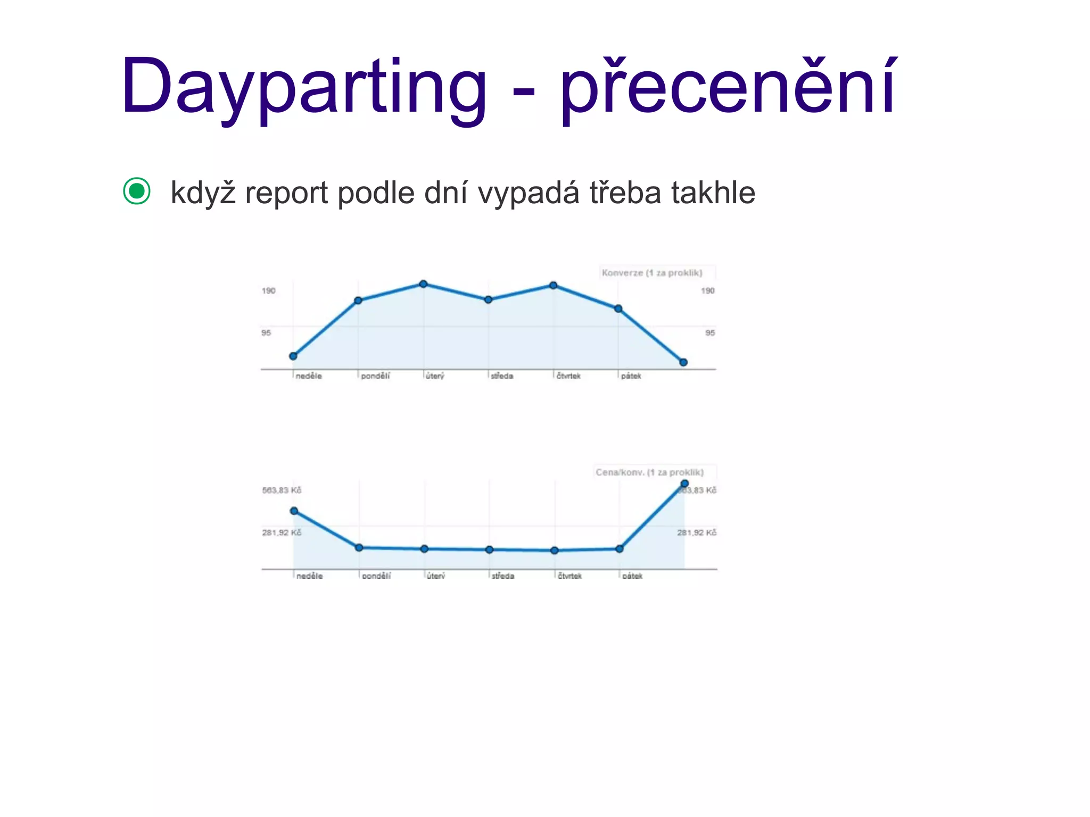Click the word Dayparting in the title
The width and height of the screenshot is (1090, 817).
(303, 88)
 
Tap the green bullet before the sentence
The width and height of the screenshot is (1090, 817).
(137, 191)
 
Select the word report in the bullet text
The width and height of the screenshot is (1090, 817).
(286, 193)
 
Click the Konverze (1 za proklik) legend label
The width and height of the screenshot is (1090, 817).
(652, 273)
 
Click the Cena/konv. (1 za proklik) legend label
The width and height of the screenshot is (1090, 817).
(649, 472)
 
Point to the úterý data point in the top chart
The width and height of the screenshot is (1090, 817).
(423, 284)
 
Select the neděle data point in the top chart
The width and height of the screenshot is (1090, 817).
(293, 356)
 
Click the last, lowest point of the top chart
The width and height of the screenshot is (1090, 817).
(683, 362)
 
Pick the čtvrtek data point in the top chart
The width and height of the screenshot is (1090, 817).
(554, 286)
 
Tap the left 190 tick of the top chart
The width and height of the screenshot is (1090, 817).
(268, 291)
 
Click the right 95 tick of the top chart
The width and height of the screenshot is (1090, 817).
(710, 333)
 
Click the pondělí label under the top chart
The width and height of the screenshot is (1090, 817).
(375, 376)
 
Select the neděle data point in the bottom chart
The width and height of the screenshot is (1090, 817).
(294, 511)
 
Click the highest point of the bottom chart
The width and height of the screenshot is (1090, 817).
(684, 483)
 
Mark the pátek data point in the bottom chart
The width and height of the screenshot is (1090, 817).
(620, 549)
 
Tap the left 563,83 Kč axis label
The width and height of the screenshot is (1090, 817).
(282, 490)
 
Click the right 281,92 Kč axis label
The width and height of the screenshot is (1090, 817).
(697, 532)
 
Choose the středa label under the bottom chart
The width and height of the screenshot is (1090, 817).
(503, 576)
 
